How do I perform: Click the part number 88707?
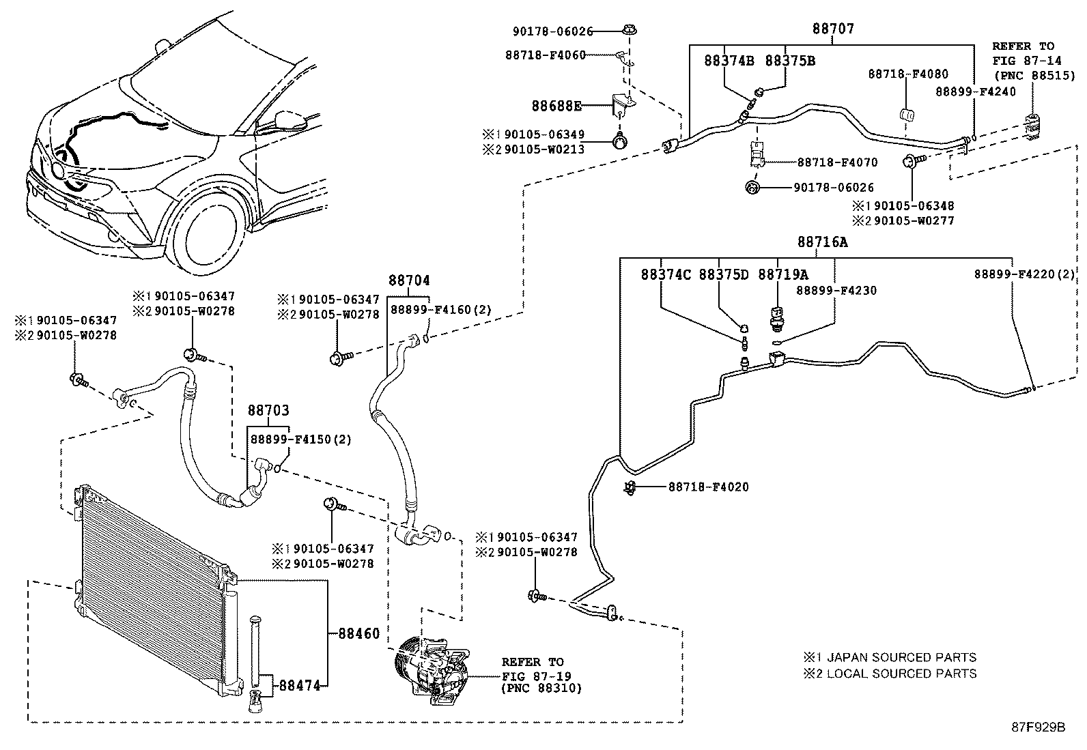833,29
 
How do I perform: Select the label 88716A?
822,242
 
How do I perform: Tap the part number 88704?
408,280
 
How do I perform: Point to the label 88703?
268,410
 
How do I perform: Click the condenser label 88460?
358,633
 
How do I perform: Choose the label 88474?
300,685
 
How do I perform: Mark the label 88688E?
556,106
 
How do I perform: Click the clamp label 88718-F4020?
709,487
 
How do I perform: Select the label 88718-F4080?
908,74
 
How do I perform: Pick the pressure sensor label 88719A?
783,274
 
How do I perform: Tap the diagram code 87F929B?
1038,727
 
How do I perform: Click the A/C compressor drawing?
432,670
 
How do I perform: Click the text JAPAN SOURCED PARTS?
902,657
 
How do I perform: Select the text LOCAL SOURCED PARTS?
902,674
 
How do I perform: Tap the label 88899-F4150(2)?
300,439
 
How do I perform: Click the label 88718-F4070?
838,162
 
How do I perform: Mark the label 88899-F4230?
836,290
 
